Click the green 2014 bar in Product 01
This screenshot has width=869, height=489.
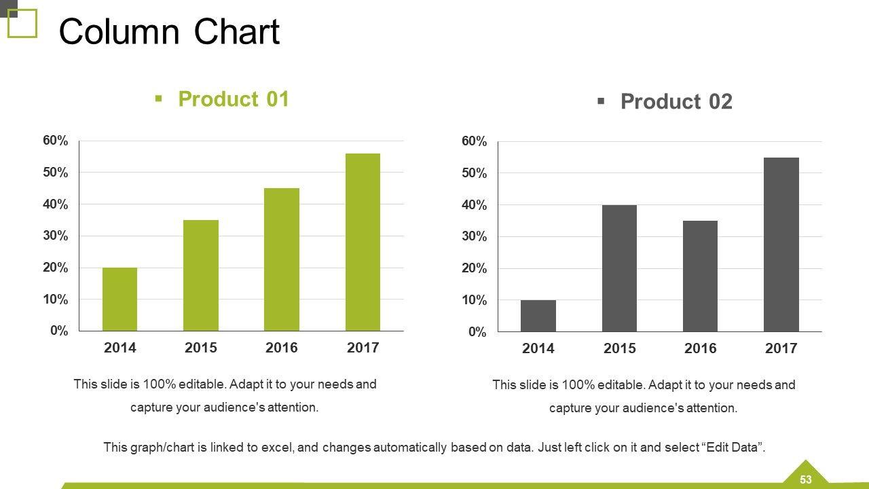pyautogui.click(x=119, y=299)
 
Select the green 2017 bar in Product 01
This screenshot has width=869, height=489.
pyautogui.click(x=363, y=242)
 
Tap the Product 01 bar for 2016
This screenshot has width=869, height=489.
pyautogui.click(x=282, y=259)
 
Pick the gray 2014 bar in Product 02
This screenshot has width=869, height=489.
pyautogui.click(x=538, y=316)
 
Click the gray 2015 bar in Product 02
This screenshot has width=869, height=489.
pyautogui.click(x=619, y=268)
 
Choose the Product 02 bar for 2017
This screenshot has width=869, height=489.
pyautogui.click(x=781, y=244)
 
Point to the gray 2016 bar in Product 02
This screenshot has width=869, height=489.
pyautogui.click(x=700, y=276)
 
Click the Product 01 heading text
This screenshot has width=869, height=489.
pyautogui.click(x=234, y=99)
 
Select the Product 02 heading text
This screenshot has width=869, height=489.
pyautogui.click(x=676, y=102)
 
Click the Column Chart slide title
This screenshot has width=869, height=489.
pyautogui.click(x=169, y=32)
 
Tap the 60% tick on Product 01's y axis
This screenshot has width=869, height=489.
pyautogui.click(x=56, y=141)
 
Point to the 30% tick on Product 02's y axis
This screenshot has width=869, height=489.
pyautogui.click(x=475, y=236)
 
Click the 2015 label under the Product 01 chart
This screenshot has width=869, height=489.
pyautogui.click(x=201, y=348)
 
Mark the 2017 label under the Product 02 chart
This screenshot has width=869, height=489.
pyautogui.click(x=781, y=348)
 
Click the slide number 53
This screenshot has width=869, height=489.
pyautogui.click(x=806, y=479)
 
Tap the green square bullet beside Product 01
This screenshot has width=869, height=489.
pyautogui.click(x=159, y=99)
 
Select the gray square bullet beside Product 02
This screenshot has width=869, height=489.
pyautogui.click(x=601, y=101)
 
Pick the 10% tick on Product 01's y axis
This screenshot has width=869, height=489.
pyautogui.click(x=56, y=300)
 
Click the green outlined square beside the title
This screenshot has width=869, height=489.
pyautogui.click(x=22, y=24)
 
